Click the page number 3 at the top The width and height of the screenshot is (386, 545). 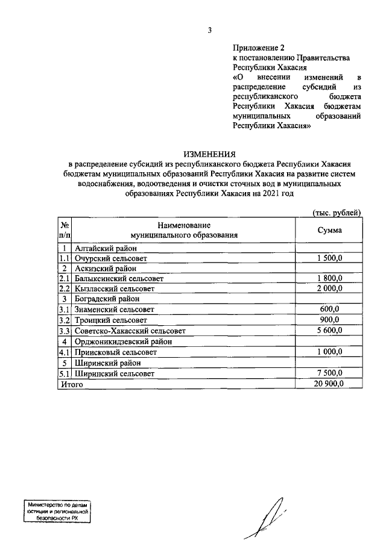click(210, 30)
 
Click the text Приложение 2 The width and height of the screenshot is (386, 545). click(258, 46)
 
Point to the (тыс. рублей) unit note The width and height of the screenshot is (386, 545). click(336, 212)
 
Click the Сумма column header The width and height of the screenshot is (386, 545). click(329, 230)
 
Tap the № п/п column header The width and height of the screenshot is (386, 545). click(65, 230)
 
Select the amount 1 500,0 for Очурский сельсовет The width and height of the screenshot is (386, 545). click(329, 258)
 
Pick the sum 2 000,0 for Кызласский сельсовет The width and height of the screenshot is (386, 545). click(329, 288)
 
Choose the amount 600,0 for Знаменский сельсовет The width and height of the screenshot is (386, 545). click(329, 309)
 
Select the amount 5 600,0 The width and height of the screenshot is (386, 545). click(329, 330)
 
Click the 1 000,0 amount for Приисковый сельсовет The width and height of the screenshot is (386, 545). click(329, 352)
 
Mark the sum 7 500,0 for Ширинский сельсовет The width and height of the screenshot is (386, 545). click(329, 373)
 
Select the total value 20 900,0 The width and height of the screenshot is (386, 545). click(329, 384)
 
